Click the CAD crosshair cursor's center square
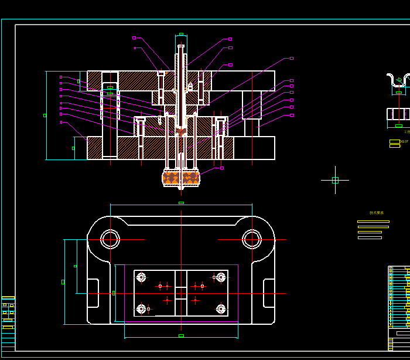pyautogui.click(x=335, y=180)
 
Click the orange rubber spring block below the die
pyautogui.click(x=181, y=177)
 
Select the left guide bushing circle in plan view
pyautogui.click(x=110, y=239)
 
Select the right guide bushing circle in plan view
pyautogui.click(x=252, y=239)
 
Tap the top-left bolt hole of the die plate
pyautogui.click(x=141, y=277)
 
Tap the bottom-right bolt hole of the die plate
pyautogui.click(x=221, y=308)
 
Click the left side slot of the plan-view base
pyautogui.click(x=93, y=293)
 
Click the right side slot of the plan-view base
pyautogui.click(x=269, y=293)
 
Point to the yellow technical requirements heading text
pyautogui.click(x=377, y=213)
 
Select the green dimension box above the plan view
pyautogui.click(x=181, y=203)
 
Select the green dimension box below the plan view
pyautogui.click(x=181, y=335)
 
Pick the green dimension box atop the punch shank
pyautogui.click(x=181, y=34)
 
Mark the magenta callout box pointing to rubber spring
pyautogui.click(x=221, y=168)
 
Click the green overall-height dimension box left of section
pyautogui.click(x=45, y=115)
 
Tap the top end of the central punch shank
pyautogui.click(x=181, y=46)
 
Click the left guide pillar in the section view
pyautogui.click(x=110, y=117)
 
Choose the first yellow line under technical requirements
pyautogui.click(x=373, y=222)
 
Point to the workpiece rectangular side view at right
pyautogui.click(x=398, y=114)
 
